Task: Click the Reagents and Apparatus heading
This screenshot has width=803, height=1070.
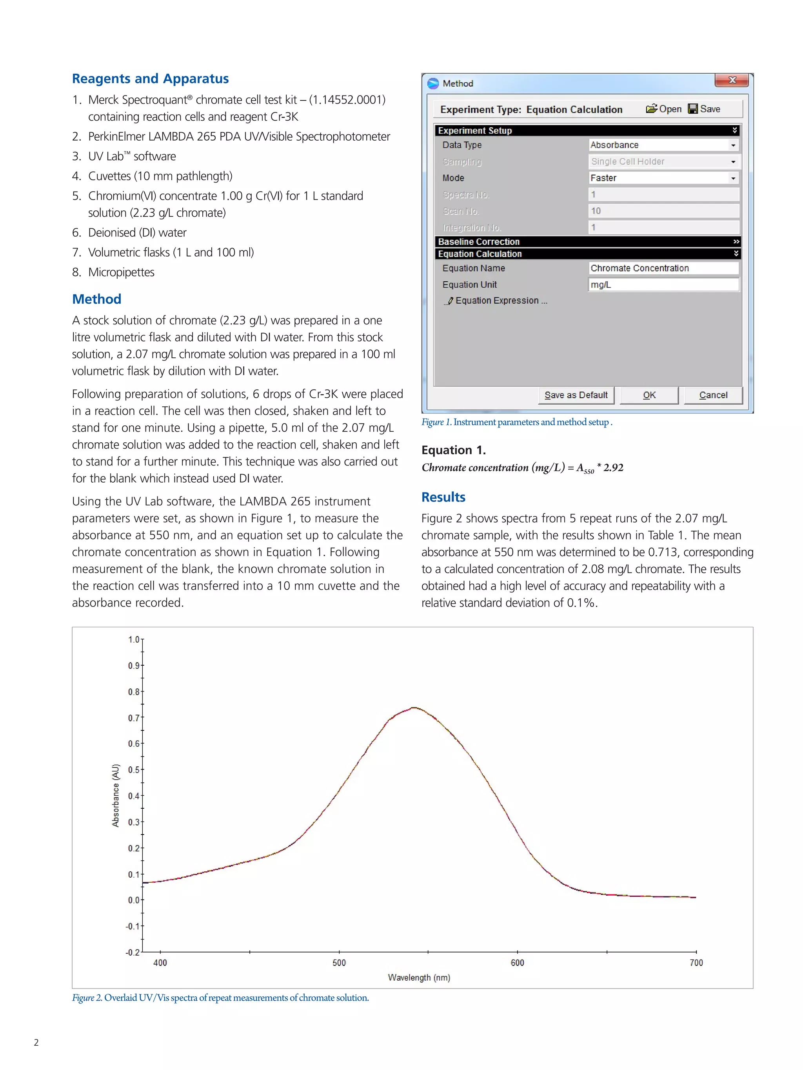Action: pyautogui.click(x=150, y=78)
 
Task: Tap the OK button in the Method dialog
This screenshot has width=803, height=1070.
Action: pyautogui.click(x=649, y=395)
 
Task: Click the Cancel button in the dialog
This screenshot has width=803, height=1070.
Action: pyautogui.click(x=712, y=395)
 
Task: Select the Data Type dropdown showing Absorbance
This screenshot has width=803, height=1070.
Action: pyautogui.click(x=663, y=145)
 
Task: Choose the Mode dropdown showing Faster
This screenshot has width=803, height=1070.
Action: pyautogui.click(x=663, y=178)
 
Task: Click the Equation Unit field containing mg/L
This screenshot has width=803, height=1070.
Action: pyautogui.click(x=663, y=284)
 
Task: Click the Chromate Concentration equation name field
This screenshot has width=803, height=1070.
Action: pyautogui.click(x=663, y=268)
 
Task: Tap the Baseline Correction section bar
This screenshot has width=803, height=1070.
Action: pyautogui.click(x=587, y=241)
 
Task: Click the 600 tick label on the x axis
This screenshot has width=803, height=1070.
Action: pyautogui.click(x=517, y=963)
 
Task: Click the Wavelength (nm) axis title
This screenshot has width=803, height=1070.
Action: pyautogui.click(x=419, y=978)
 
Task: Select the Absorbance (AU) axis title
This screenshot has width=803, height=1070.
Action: pyautogui.click(x=115, y=795)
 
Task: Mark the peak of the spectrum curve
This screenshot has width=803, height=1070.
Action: pyautogui.click(x=414, y=708)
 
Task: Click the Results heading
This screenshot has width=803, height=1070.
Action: pyautogui.click(x=443, y=497)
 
